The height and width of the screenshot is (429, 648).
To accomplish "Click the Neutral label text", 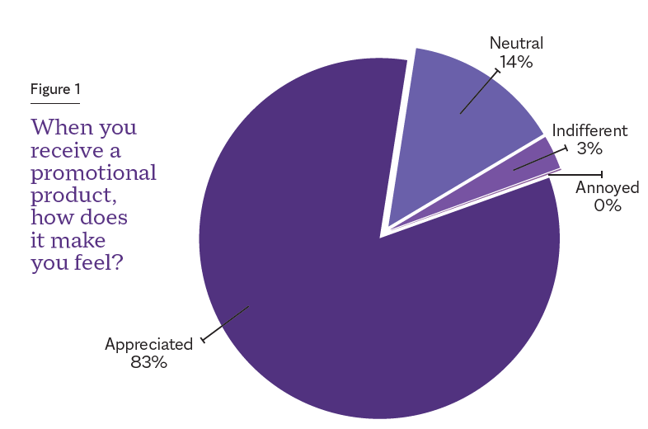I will click(516, 43).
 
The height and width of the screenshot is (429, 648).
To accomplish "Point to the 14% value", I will click(516, 61).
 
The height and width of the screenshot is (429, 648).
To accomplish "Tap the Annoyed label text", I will click(607, 188).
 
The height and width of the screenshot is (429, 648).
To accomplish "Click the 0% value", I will click(607, 205).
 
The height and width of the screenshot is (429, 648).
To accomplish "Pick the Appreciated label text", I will click(148, 343).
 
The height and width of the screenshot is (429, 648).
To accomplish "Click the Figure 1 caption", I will click(55, 89).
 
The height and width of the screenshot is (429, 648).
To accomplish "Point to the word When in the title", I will click(58, 129).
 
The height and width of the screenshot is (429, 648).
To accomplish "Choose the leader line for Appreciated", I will click(224, 323).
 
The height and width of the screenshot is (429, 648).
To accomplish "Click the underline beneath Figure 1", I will click(55, 103).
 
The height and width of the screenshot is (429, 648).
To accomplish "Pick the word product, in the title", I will click(70, 196).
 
